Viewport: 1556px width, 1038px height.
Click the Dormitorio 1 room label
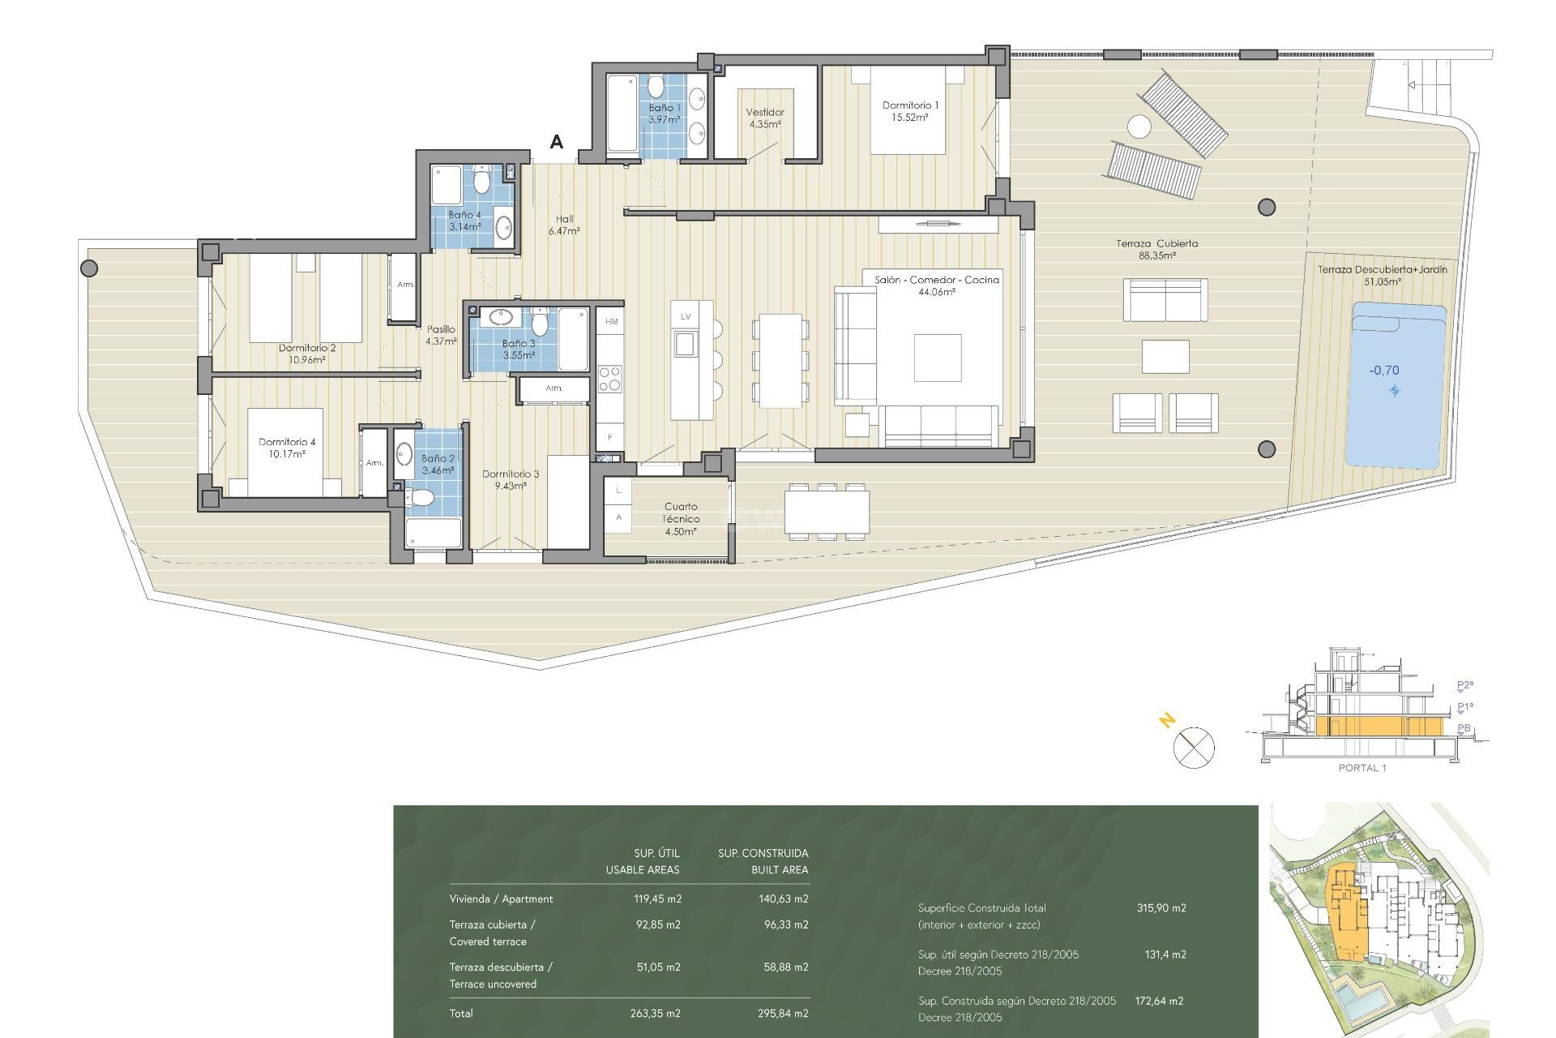(910, 111)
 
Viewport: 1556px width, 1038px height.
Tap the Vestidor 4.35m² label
(765, 118)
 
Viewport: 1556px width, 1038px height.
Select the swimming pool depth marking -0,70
(1384, 371)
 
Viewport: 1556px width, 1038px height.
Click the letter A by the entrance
(557, 142)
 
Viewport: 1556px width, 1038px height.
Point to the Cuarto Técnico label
(681, 518)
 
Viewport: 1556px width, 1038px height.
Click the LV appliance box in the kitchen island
(686, 317)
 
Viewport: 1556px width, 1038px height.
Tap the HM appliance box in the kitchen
(611, 322)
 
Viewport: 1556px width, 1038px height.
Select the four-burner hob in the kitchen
(610, 380)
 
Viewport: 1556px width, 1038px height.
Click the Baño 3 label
(519, 350)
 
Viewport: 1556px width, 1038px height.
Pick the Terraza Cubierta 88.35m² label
(1156, 249)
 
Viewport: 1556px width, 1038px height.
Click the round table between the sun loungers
(1139, 127)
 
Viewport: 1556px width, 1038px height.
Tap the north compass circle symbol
(1194, 748)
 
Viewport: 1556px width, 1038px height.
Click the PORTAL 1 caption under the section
(1362, 768)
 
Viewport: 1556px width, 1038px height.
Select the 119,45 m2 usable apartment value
(657, 899)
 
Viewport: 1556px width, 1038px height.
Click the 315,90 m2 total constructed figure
(1161, 908)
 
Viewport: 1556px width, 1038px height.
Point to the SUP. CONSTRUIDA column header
(763, 853)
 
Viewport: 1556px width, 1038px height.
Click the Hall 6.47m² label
(564, 225)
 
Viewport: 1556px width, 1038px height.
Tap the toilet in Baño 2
(420, 498)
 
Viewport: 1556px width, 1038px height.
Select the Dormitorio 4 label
(287, 448)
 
